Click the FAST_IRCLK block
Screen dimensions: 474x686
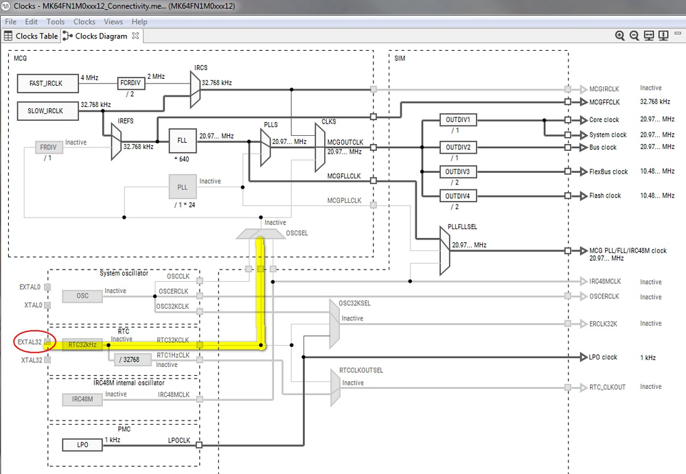pos(46,84)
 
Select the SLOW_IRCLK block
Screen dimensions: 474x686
pos(46,110)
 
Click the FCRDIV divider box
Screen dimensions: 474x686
pos(131,83)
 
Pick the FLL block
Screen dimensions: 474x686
pos(182,140)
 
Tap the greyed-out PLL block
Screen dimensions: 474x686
pos(182,186)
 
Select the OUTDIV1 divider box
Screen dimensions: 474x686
pos(457,120)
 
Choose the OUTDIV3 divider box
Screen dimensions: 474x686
pos(457,171)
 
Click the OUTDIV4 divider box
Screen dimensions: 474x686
pos(457,196)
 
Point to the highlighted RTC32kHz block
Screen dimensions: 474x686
pos(82,344)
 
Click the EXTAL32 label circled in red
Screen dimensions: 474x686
pos(32,341)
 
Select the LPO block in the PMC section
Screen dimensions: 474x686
pos(82,445)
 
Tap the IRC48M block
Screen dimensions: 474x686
pos(82,399)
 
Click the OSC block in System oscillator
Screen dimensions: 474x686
pos(82,296)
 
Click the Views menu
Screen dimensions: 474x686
pos(113,22)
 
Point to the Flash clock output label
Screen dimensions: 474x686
pos(605,196)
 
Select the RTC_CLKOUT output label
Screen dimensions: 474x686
pos(607,388)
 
